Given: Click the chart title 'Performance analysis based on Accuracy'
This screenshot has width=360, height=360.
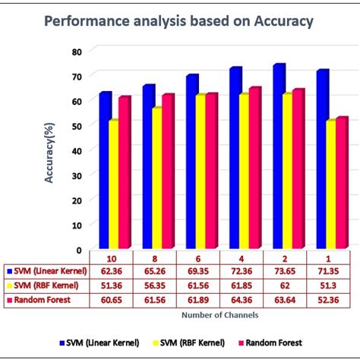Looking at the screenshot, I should (179, 21).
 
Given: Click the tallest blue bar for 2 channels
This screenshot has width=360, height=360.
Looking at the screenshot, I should (278, 156).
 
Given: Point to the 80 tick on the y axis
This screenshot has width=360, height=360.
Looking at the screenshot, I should (76, 51).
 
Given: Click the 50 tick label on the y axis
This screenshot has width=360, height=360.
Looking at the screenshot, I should (76, 125).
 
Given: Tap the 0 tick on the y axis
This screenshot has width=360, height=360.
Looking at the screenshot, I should (79, 249).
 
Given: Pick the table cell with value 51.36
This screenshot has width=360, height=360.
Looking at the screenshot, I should (111, 286).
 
